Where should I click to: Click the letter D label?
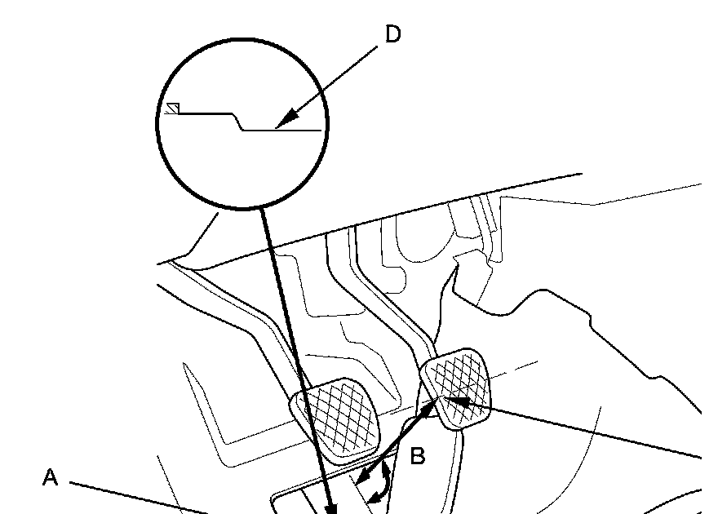pos(392,36)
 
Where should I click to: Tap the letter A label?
pos(51,478)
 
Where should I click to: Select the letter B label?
pos(417,457)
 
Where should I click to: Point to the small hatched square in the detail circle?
pos(172,109)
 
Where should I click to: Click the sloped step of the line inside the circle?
pos(238,122)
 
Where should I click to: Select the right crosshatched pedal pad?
pos(457,390)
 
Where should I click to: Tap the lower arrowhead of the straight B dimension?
pos(364,476)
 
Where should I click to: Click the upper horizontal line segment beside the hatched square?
pos(204,113)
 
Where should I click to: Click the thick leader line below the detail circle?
pos(298,359)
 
